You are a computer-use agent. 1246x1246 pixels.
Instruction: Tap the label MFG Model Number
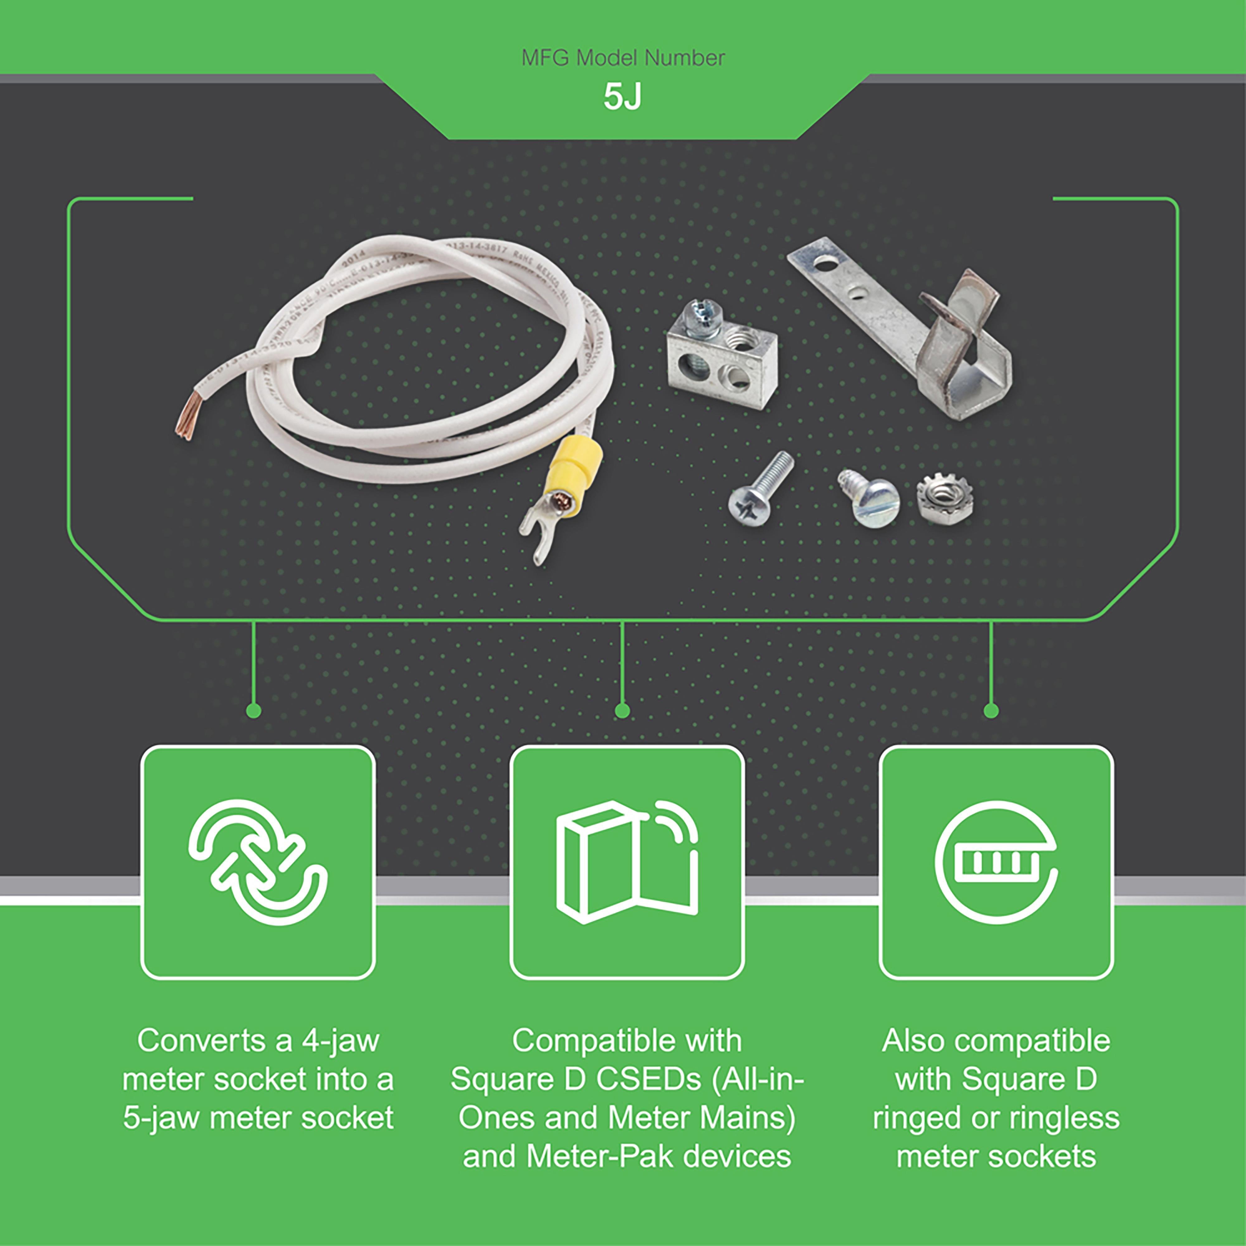623,58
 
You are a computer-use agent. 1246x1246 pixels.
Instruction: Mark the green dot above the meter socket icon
992,711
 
